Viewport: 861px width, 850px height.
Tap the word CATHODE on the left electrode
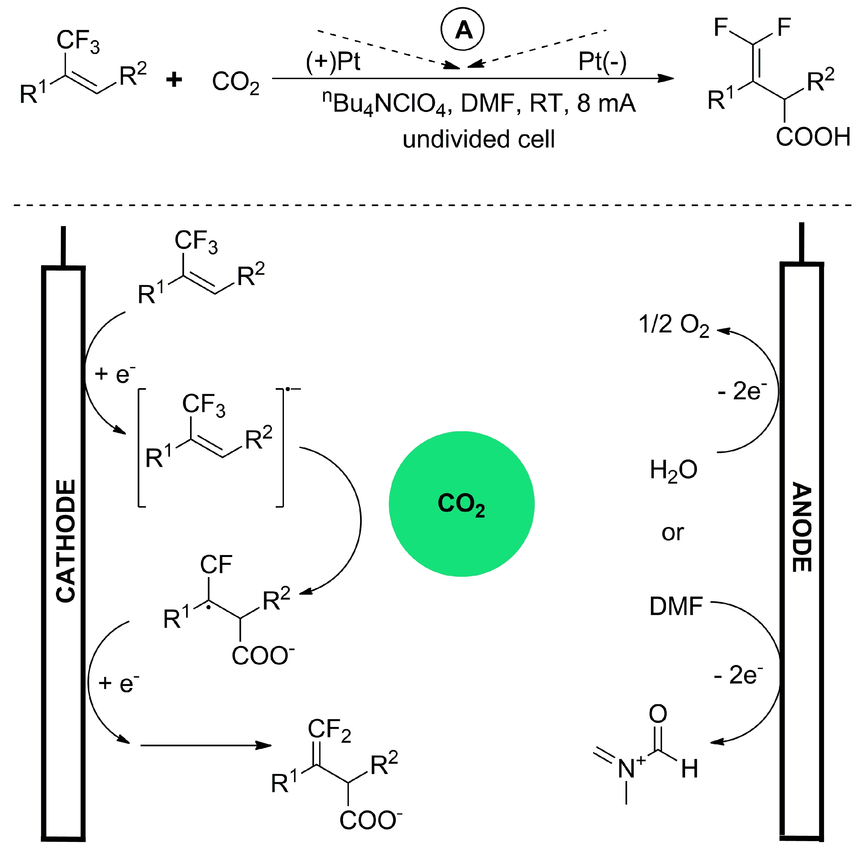66,541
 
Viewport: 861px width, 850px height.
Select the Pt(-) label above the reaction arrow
602,61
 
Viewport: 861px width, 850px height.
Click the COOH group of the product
813,137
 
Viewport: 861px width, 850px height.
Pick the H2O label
673,470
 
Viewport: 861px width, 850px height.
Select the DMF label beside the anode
676,606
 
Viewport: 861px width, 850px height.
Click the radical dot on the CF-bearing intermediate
208,607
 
